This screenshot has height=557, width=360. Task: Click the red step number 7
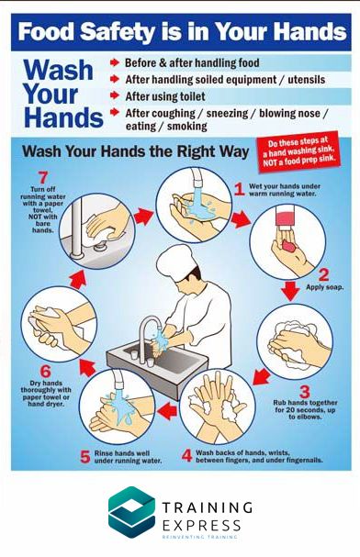click(x=43, y=178)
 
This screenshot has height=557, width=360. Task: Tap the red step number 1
click(x=240, y=189)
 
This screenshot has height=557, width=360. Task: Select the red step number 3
click(x=305, y=392)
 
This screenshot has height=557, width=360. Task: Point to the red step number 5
click(x=85, y=457)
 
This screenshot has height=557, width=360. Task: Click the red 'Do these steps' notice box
click(x=298, y=151)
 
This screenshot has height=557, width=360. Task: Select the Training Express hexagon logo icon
click(x=132, y=512)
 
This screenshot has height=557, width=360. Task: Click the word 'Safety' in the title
click(x=118, y=31)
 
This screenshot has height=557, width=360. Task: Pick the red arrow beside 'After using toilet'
click(x=115, y=95)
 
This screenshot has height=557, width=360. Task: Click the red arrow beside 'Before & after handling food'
click(x=115, y=63)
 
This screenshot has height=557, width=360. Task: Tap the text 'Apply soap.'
click(x=325, y=287)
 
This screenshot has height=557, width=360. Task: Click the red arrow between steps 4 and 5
click(x=167, y=411)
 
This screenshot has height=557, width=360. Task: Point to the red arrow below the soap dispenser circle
click(x=291, y=291)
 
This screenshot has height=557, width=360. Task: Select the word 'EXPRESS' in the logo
click(x=201, y=525)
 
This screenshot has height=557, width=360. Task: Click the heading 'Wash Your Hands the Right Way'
click(x=135, y=151)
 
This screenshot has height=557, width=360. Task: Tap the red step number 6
click(x=46, y=372)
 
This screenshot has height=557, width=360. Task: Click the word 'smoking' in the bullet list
click(x=187, y=126)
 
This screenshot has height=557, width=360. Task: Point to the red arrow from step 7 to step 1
click(x=143, y=216)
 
